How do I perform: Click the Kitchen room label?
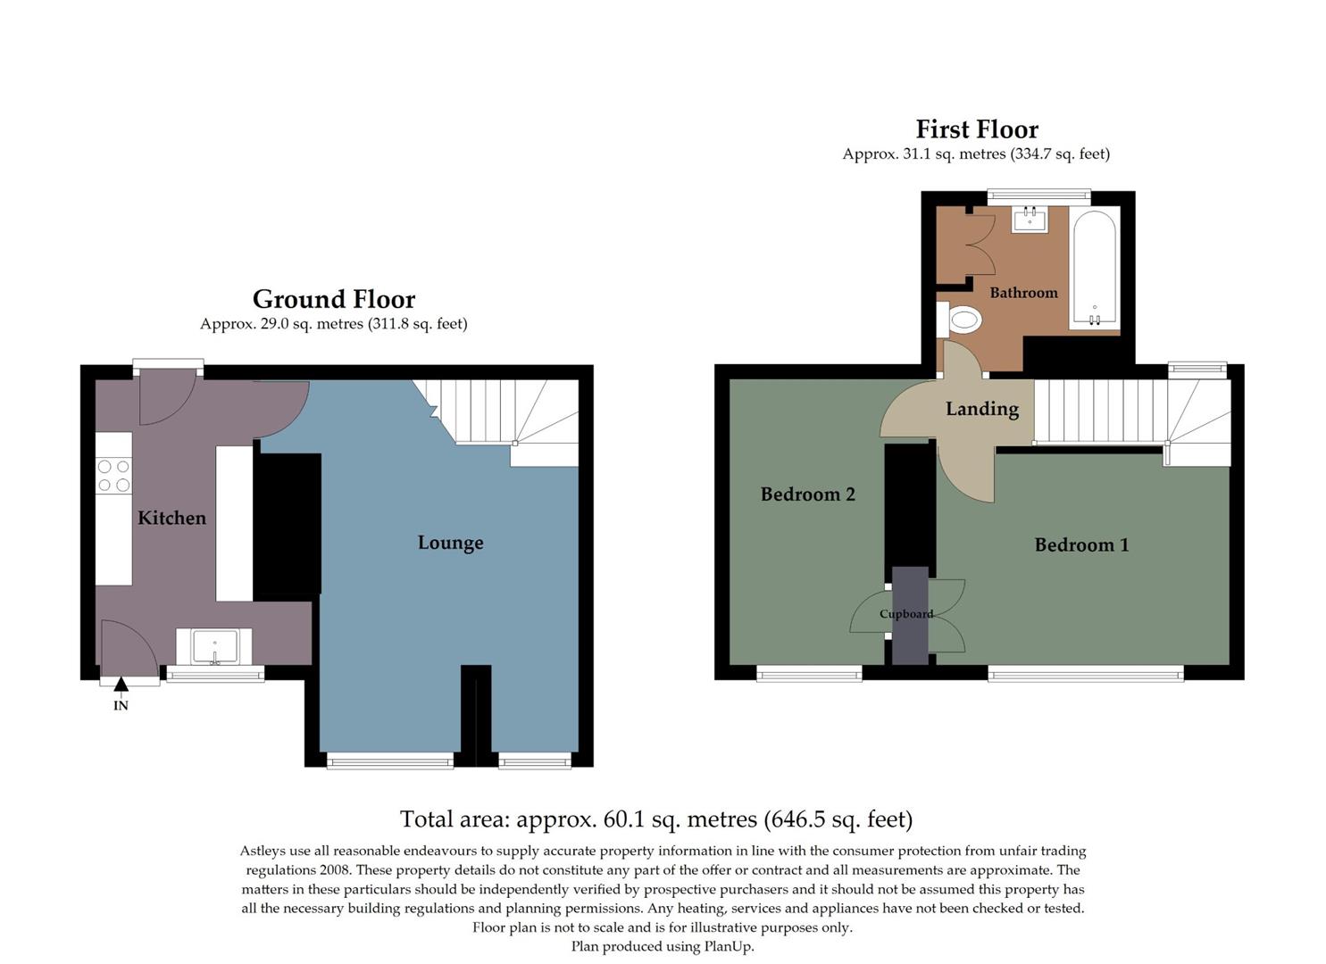(x=171, y=518)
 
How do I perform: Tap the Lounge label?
(x=450, y=543)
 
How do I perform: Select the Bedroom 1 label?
(x=1081, y=544)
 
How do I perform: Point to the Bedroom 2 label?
(x=807, y=494)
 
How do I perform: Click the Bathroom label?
(x=1023, y=293)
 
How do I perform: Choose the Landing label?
(x=982, y=409)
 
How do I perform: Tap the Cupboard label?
(x=906, y=614)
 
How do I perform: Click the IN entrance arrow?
(x=121, y=686)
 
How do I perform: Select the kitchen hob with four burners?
(x=113, y=476)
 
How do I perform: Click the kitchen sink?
(x=214, y=646)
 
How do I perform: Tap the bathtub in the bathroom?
(x=1093, y=268)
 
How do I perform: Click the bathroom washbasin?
(x=1030, y=219)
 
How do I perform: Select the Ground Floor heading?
(x=333, y=299)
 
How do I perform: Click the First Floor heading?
(x=977, y=129)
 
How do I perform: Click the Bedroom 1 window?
(x=1085, y=675)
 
